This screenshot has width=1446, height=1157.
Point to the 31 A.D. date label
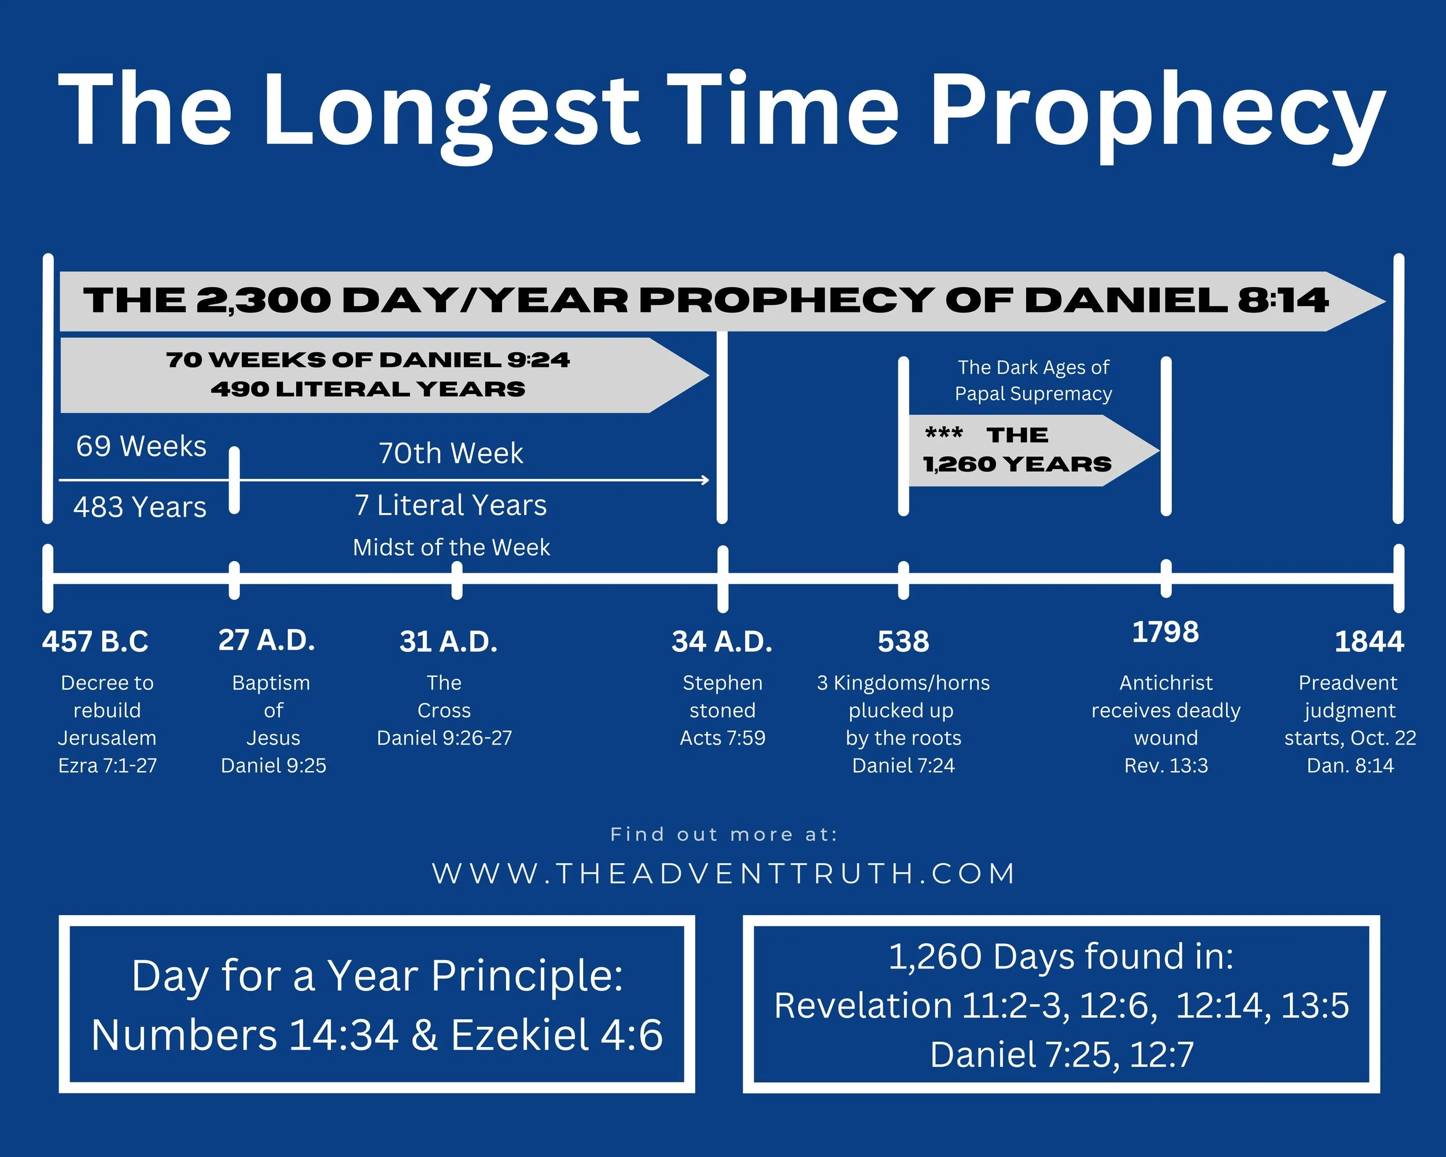tap(449, 642)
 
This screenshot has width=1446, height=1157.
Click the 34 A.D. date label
tap(722, 642)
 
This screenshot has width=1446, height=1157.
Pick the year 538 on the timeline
tap(903, 642)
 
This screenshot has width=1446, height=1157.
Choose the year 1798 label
tap(1165, 632)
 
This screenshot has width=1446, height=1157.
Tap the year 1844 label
tap(1369, 642)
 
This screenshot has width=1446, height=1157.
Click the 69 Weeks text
tap(141, 447)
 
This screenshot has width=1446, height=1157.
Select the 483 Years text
tap(139, 507)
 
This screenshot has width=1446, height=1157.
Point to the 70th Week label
tap(451, 454)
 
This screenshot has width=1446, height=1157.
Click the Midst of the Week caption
tap(451, 548)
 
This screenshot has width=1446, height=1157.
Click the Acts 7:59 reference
tap(722, 738)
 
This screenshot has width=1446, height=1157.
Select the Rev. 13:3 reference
tap(1165, 765)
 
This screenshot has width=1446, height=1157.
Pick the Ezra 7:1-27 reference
tap(108, 765)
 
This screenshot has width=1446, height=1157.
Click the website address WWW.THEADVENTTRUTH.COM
tap(723, 874)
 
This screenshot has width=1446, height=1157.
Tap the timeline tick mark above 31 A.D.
tap(457, 580)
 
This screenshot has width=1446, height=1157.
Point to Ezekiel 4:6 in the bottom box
tap(556, 1035)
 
